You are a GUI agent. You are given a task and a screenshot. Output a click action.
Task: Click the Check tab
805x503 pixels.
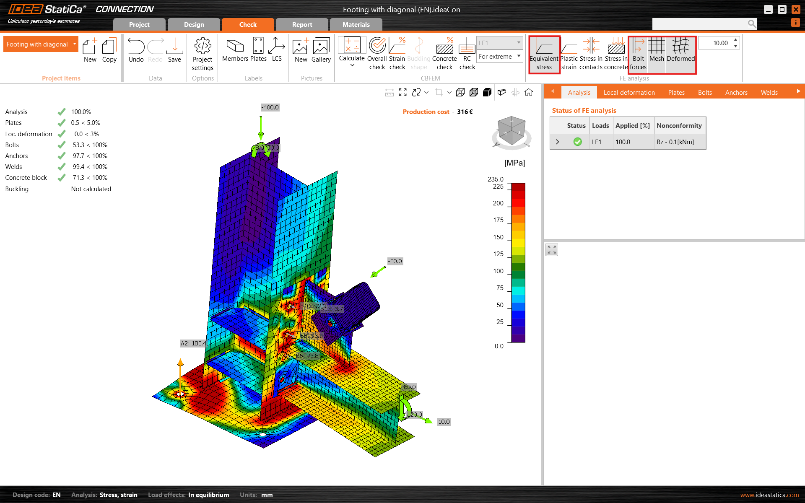click(x=248, y=25)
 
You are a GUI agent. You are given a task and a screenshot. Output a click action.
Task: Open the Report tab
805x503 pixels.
click(x=302, y=25)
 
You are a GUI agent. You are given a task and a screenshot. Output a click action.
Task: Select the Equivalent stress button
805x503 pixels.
click(x=544, y=54)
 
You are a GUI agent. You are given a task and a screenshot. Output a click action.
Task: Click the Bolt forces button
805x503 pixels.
click(x=638, y=54)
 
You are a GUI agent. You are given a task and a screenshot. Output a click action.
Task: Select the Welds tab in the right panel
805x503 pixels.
click(x=769, y=93)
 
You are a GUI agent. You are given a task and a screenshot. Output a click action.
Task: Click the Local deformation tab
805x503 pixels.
click(x=629, y=93)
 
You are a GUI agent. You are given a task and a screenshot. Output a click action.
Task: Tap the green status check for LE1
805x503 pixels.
click(x=577, y=142)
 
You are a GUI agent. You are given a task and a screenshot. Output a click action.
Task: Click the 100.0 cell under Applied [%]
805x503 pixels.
click(x=623, y=142)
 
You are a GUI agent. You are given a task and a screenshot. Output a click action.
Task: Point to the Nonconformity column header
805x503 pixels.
click(x=679, y=126)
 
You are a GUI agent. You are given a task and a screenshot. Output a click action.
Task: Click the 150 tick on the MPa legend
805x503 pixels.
click(x=498, y=237)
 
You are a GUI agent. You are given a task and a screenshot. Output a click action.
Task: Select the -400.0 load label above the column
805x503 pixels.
click(x=270, y=107)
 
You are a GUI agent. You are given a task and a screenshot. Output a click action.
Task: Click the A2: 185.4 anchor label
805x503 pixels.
click(x=193, y=343)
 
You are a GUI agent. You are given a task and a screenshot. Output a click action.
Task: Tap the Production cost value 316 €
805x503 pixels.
click(x=465, y=112)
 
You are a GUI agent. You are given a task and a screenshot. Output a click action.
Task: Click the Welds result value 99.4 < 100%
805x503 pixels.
click(x=90, y=167)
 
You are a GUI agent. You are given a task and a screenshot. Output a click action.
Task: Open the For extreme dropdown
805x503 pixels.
click(x=499, y=57)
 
